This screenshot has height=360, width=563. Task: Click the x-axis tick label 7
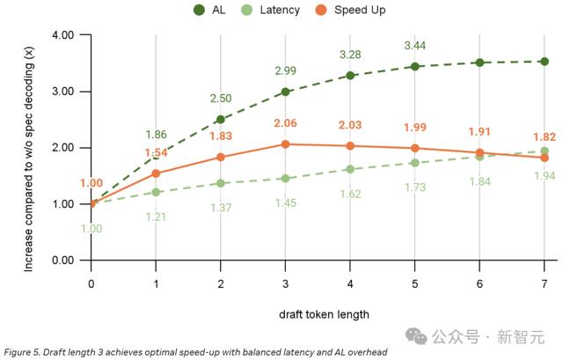[545, 283]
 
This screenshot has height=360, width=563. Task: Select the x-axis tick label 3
[285, 283]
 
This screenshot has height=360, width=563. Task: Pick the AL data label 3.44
[415, 45]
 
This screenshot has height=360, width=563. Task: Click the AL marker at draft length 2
[221, 120]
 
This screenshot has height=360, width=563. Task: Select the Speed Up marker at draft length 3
[285, 144]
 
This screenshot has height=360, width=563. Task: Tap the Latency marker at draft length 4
[350, 169]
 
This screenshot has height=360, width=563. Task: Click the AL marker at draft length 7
[545, 62]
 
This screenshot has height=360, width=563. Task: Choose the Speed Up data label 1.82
[545, 137]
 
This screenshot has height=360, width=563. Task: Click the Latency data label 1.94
[545, 177]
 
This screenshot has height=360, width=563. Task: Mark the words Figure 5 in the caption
[21, 351]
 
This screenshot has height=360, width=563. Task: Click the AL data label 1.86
[156, 135]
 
